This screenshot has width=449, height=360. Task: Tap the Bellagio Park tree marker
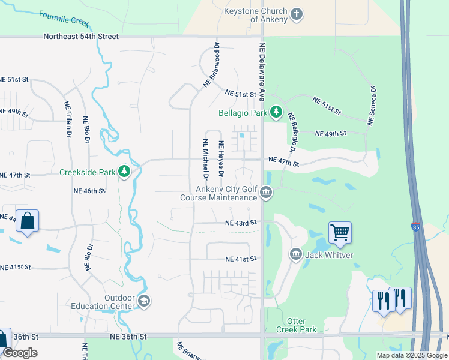(276, 112)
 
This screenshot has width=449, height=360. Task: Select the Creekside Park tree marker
(124, 172)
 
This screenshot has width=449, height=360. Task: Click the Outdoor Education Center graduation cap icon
(143, 301)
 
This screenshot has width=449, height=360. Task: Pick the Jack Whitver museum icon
(295, 254)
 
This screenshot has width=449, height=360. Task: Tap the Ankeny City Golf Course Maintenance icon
(266, 193)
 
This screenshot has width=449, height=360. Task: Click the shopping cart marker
(340, 232)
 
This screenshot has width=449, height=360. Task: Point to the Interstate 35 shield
(416, 227)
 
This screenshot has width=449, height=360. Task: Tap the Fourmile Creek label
(64, 19)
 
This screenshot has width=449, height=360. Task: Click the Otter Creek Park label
(296, 325)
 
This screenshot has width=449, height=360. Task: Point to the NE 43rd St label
(241, 223)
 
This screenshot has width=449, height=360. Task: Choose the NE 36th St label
(128, 337)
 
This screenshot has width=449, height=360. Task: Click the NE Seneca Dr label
(372, 106)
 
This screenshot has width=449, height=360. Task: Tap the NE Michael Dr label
(205, 160)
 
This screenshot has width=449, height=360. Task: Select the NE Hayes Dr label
(221, 159)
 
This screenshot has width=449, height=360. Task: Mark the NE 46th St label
(89, 190)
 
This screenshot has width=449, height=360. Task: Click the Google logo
(20, 353)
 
